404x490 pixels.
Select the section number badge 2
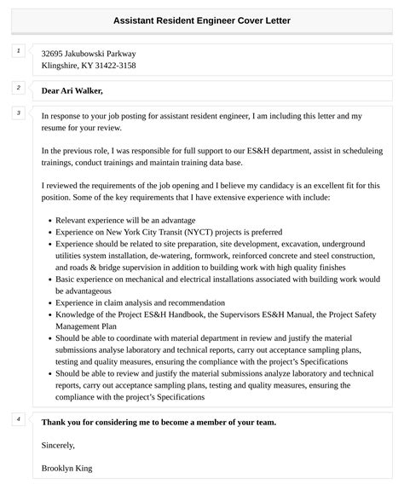[18, 88]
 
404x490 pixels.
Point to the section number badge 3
[18, 113]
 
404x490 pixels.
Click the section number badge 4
[18, 419]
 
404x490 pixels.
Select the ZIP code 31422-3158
[113, 66]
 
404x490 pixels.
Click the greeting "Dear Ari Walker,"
[72, 90]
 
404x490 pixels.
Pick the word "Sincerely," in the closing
[58, 445]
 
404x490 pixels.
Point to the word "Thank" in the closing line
[55, 422]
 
